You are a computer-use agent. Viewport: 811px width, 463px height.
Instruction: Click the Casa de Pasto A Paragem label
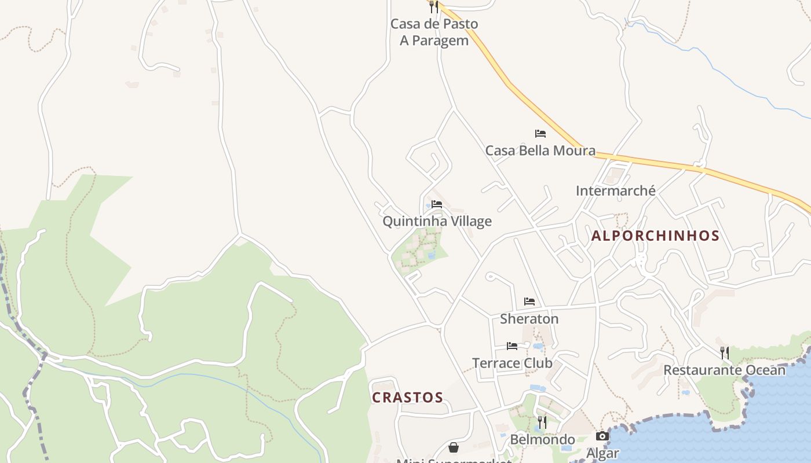tap(434, 32)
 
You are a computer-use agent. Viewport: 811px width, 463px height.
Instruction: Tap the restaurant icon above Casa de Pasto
tap(434, 7)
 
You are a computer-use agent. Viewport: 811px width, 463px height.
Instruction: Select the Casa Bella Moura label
tap(540, 150)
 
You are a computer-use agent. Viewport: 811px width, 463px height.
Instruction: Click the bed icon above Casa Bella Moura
tap(540, 134)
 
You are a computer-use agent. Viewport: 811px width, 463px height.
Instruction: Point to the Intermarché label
tap(615, 190)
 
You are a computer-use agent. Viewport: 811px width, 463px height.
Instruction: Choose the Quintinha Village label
tap(437, 221)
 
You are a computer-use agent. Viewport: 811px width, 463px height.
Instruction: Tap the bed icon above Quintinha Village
tap(437, 204)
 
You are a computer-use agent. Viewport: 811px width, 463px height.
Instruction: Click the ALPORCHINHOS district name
tap(655, 236)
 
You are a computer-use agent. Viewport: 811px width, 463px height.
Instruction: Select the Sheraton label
tap(529, 319)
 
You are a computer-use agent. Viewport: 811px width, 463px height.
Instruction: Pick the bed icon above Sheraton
tap(529, 302)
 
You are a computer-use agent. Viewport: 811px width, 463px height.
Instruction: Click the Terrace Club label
tap(512, 363)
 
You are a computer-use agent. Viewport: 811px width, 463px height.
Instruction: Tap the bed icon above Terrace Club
tap(512, 346)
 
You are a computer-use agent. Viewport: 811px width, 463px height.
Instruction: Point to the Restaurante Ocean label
tap(724, 370)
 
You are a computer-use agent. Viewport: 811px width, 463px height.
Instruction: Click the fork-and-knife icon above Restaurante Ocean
tap(724, 352)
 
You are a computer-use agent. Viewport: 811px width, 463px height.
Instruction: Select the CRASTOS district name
tap(407, 398)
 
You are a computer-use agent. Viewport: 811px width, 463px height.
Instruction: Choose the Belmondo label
tap(542, 440)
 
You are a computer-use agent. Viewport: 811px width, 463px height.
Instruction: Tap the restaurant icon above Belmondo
tap(542, 422)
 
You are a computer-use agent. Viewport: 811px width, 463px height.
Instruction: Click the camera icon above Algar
tap(602, 436)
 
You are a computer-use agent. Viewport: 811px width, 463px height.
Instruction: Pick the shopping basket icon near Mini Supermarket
tap(454, 447)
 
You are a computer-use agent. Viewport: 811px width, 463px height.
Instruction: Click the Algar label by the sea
tap(602, 453)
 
